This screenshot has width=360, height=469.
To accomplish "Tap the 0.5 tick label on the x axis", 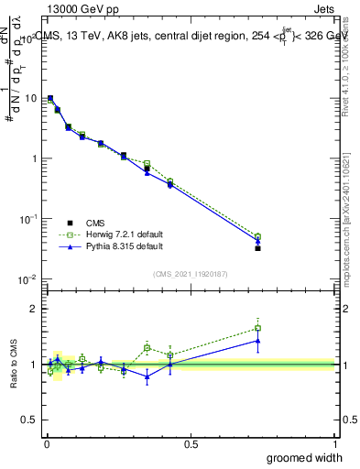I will pyautogui.click(x=191, y=442).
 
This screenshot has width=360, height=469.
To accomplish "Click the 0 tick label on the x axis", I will pyautogui.click(x=47, y=442).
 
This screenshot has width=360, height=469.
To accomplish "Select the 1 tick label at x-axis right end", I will pyautogui.click(x=333, y=442).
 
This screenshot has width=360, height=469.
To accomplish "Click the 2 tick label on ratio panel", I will pyautogui.click(x=36, y=309).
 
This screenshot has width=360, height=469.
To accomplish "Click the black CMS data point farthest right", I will pyautogui.click(x=257, y=248).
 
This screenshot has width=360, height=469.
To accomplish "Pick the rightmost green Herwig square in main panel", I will pyautogui.click(x=257, y=236).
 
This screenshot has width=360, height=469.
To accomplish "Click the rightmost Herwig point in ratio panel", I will pyautogui.click(x=257, y=328).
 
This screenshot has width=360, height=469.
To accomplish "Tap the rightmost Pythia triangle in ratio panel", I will pyautogui.click(x=257, y=341).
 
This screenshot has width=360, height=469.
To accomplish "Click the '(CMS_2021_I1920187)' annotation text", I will pyautogui.click(x=190, y=272).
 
